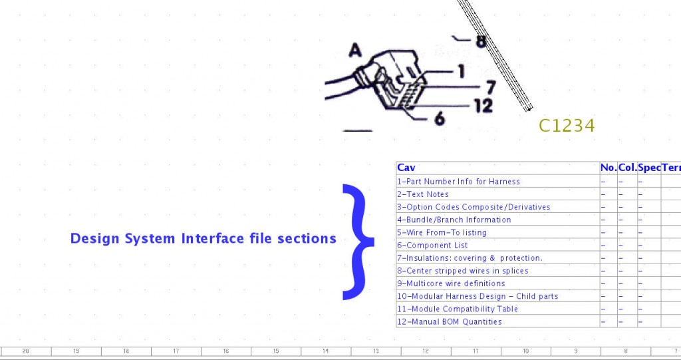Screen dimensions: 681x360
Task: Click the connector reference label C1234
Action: tap(567, 126)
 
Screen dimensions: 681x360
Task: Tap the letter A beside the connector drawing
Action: tap(355, 51)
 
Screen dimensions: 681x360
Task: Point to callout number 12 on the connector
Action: tap(484, 106)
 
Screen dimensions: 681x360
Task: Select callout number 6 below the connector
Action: tap(440, 118)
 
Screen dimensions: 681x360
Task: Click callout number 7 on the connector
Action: tap(491, 87)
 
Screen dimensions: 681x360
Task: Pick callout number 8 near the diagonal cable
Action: tap(481, 41)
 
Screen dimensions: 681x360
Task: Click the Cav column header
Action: tap(406, 168)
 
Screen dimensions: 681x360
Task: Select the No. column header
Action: tap(609, 168)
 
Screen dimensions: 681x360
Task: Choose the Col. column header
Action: tap(627, 168)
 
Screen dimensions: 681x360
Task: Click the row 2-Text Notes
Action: tap(422, 194)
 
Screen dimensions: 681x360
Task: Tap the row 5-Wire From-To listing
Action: tap(442, 233)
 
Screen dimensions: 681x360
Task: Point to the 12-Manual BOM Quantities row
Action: tap(450, 322)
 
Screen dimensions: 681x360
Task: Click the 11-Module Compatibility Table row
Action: tap(458, 309)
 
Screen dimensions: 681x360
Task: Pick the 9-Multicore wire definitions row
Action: tap(451, 283)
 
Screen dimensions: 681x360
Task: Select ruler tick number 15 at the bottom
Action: tap(276, 351)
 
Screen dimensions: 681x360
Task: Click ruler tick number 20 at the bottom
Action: tap(26, 351)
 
